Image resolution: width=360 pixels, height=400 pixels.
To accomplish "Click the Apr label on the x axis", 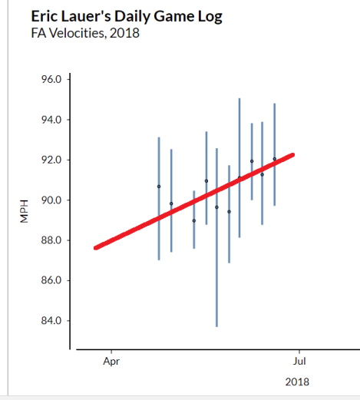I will point(111,359).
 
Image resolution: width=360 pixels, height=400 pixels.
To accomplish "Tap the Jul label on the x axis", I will point(299,359).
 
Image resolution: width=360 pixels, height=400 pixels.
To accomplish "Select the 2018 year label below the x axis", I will point(297,382).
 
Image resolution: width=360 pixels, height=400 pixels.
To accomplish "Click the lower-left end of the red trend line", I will point(95,247).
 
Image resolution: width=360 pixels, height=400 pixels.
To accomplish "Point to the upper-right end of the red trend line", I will point(292,155).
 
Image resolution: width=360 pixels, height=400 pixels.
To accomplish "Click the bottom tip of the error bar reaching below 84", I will point(216,326).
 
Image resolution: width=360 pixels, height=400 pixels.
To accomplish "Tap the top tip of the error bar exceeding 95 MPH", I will point(239,98).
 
